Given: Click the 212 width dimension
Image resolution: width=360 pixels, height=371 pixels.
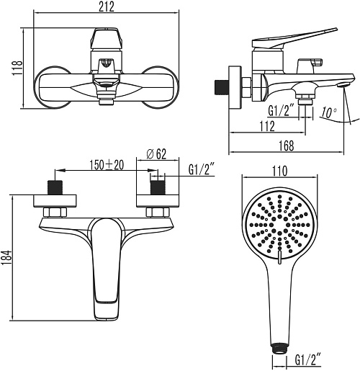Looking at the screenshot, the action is pos(107,6).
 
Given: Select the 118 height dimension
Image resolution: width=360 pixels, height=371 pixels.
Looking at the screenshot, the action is pos(17,68).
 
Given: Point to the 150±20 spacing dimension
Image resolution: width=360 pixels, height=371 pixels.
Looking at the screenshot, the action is pos(107,165).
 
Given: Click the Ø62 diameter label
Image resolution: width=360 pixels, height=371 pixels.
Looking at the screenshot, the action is pos(156,154).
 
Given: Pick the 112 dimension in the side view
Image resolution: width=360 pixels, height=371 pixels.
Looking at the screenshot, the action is pos(268,126).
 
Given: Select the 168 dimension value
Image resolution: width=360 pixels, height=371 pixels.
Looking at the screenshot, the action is pos(287,146).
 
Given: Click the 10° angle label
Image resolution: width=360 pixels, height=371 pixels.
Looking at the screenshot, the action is pos(329,112).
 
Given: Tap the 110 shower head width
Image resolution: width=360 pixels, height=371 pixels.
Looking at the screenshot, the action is pos(280,171).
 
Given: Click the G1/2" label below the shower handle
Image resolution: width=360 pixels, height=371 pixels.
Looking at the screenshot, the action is pos(308,360).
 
